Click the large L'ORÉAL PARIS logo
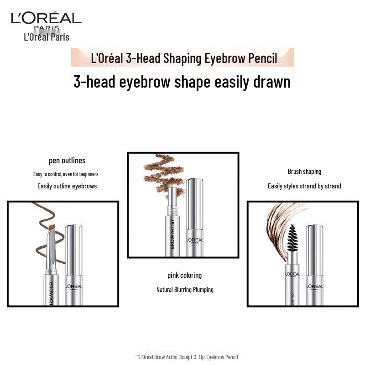[x=46, y=20]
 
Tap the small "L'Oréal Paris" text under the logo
[x=47, y=37]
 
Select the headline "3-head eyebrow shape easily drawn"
[x=182, y=82]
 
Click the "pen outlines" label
[x=67, y=161]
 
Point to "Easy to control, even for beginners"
[x=66, y=174]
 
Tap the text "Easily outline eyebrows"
[x=67, y=186]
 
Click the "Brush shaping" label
[x=304, y=172]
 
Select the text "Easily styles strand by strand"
[x=304, y=186]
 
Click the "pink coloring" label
[x=184, y=275]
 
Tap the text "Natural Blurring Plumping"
[x=185, y=290]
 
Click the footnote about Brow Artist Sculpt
[x=187, y=357]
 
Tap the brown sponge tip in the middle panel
[x=173, y=184]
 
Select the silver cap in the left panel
[x=74, y=265]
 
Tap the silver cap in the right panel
[x=314, y=265]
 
